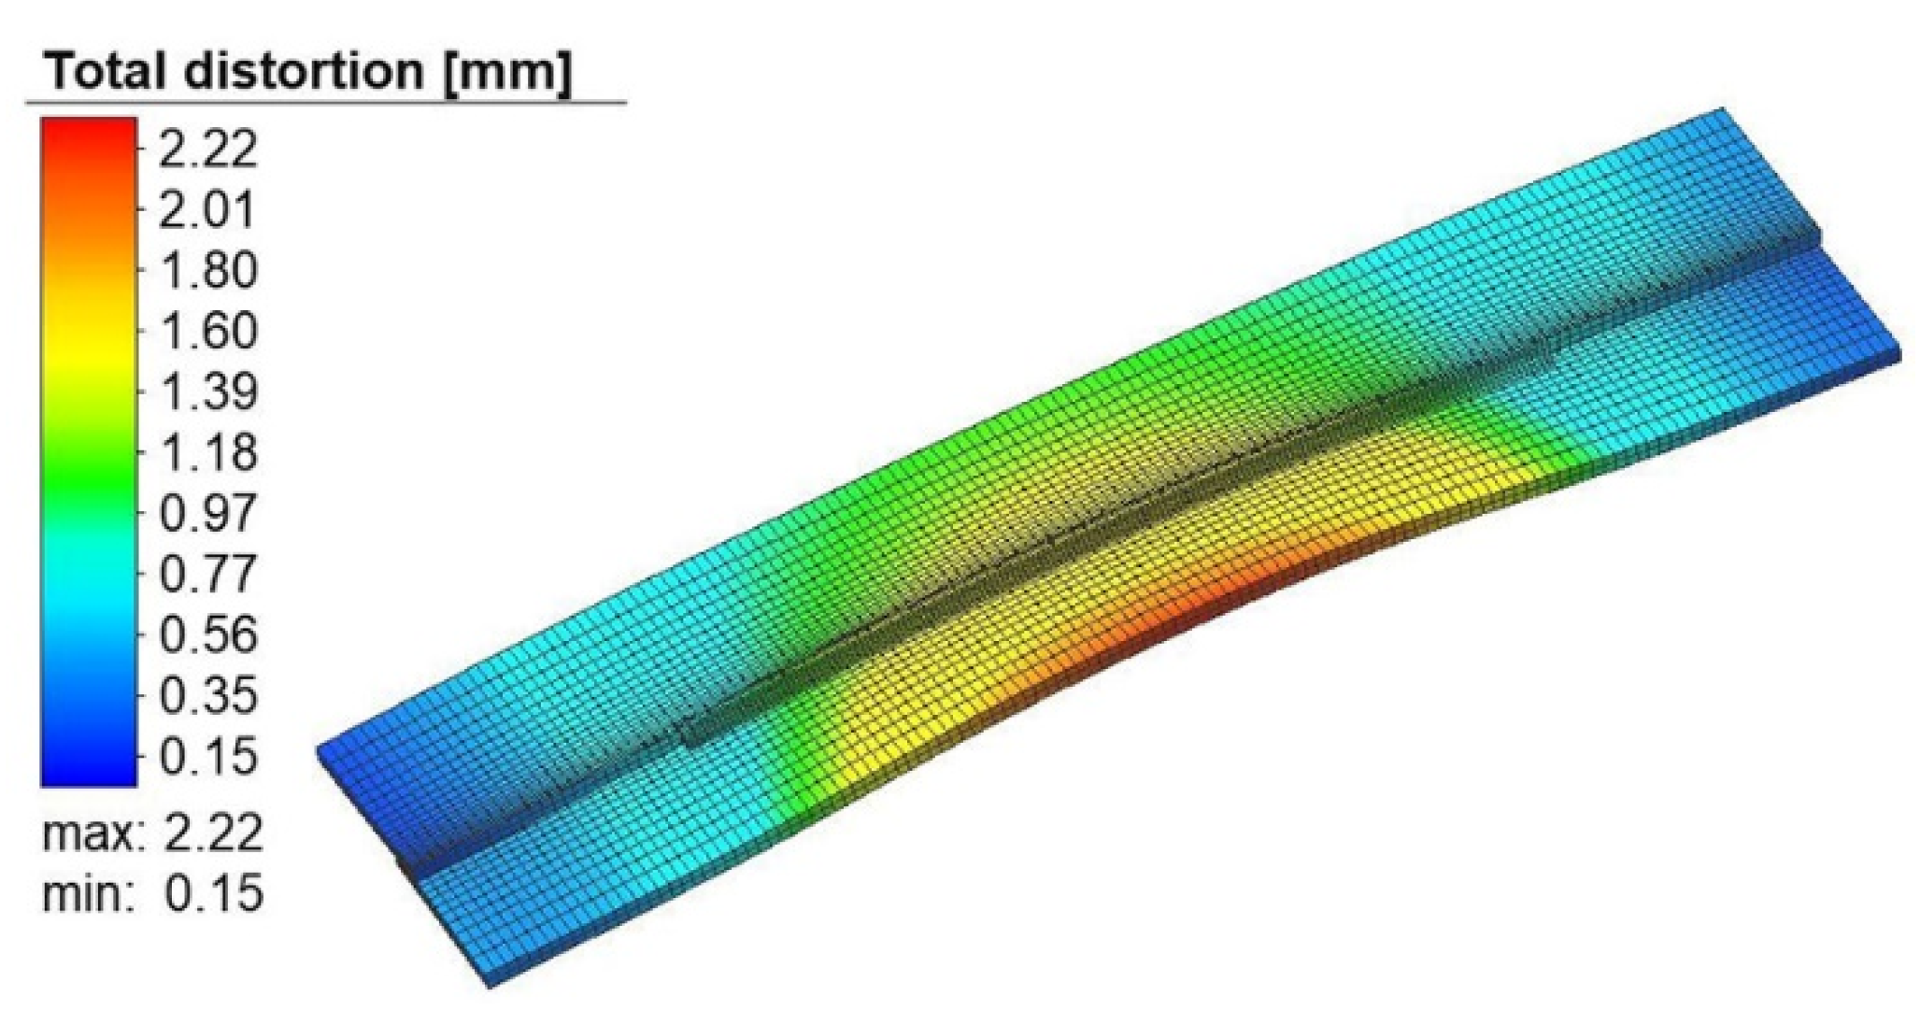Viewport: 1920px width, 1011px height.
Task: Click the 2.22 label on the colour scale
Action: [206, 150]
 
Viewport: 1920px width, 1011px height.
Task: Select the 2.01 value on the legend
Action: [206, 210]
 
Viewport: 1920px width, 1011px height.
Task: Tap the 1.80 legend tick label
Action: [206, 271]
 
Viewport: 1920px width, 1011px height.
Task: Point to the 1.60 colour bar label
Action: [206, 332]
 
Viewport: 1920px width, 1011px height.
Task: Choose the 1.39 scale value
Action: [206, 392]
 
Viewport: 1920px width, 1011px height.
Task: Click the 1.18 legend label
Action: [206, 453]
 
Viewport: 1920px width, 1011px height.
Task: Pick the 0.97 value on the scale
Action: [206, 514]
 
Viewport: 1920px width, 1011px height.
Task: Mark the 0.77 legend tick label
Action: [206, 575]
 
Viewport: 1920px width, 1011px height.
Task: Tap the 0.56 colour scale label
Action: [206, 635]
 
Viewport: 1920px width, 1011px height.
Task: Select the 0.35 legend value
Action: [206, 696]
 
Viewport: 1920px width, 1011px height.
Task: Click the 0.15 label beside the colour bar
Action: [206, 757]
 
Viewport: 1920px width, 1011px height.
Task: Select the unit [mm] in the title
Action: [505, 71]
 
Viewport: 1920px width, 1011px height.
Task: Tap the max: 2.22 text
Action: [152, 833]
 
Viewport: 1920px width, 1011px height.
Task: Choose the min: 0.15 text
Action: [152, 893]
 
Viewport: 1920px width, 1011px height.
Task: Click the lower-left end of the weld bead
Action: [691, 733]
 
